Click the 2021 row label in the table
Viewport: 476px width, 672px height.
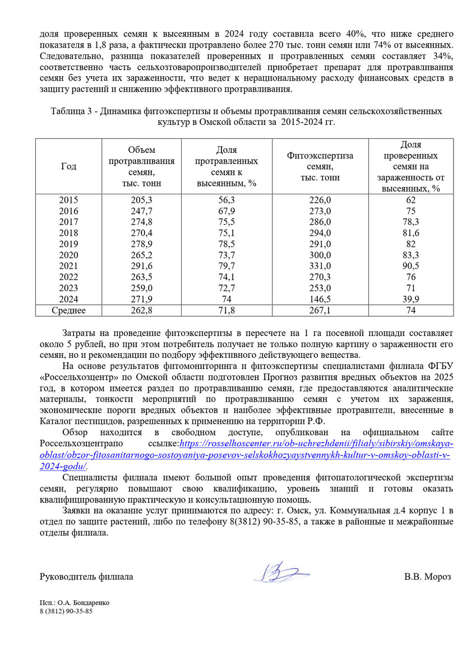[69, 264]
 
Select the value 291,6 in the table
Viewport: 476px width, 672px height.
[142, 264]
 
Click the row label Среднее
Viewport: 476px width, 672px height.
[69, 310]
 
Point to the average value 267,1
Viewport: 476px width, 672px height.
[320, 310]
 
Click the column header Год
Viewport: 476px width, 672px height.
[69, 166]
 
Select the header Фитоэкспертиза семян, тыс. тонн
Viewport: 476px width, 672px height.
[320, 166]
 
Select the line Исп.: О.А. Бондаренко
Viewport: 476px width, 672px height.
[75, 603]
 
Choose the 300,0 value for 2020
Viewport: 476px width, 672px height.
[320, 254]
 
